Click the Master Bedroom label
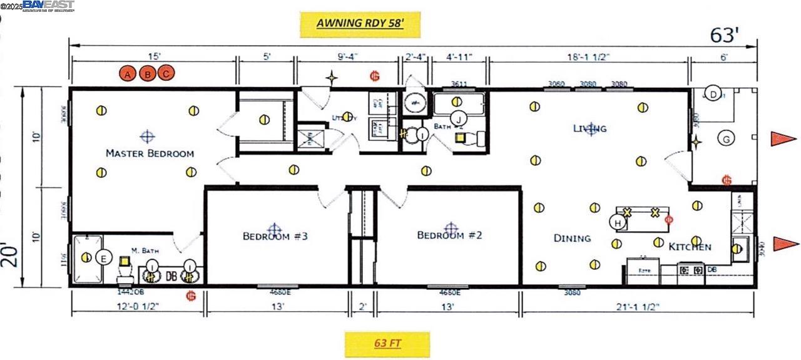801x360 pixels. point(150,153)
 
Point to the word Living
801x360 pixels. point(589,128)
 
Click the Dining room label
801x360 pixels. point(572,238)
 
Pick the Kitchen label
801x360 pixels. point(690,247)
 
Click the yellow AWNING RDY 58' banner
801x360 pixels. point(359,23)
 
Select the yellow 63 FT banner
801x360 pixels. point(387,343)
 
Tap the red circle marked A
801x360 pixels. point(128,75)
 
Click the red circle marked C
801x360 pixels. point(166,74)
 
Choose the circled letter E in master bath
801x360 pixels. point(104,257)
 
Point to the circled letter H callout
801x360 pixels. point(618,222)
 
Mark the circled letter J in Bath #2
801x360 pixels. point(459,118)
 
